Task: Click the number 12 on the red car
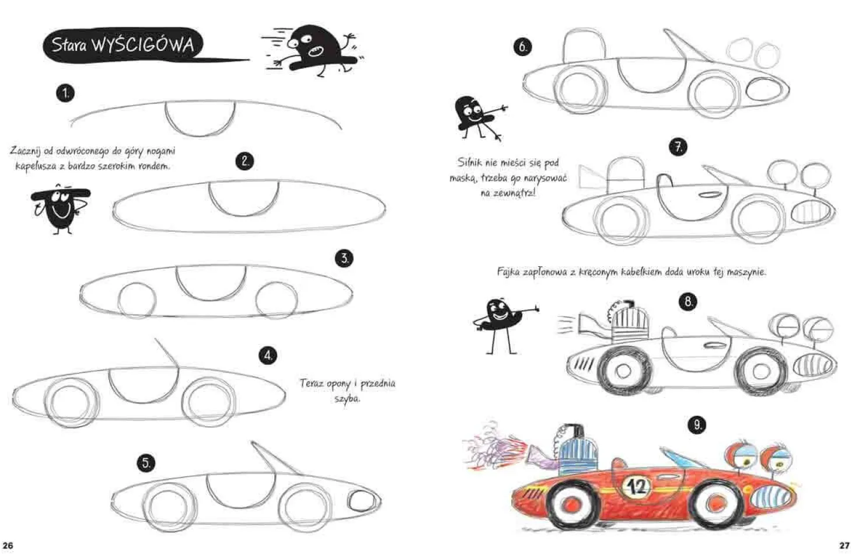(637, 487)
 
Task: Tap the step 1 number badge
(65, 93)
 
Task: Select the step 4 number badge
(268, 356)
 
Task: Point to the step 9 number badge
(697, 424)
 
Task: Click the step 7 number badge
(679, 147)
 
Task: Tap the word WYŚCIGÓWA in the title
(144, 45)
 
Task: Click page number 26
(8, 546)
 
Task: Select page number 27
(844, 546)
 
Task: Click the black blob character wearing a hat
(60, 208)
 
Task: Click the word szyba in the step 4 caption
(347, 399)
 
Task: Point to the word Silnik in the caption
(470, 163)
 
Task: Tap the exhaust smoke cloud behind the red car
(494, 446)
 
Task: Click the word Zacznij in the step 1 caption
(26, 151)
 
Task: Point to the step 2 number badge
(245, 161)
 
